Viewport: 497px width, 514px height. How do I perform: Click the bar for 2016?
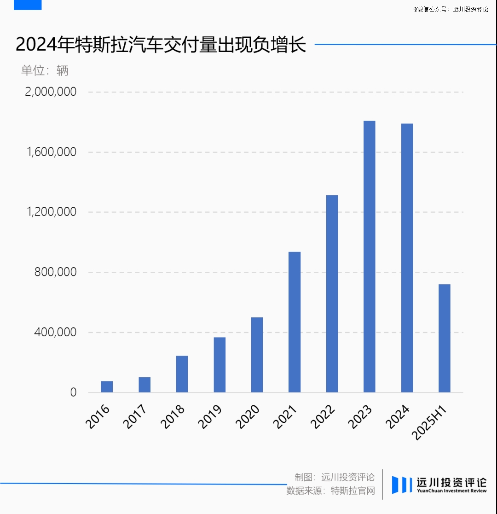tap(107, 387)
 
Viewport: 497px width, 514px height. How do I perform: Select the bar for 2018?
tap(182, 374)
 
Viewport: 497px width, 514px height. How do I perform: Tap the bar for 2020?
tap(257, 355)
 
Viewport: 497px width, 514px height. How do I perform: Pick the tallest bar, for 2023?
tap(369, 257)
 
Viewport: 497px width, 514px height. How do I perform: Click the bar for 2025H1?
tap(444, 338)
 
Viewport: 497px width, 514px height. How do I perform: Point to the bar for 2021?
tap(295, 322)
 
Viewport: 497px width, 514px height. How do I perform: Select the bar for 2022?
tap(332, 294)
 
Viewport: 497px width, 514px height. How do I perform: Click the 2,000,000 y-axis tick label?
tap(51, 92)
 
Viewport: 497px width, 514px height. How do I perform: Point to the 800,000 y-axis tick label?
tap(56, 272)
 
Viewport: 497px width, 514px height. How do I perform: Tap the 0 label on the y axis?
tap(73, 393)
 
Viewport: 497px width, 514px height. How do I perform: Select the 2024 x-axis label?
tap(399, 416)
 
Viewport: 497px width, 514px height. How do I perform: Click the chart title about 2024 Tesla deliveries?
tap(161, 46)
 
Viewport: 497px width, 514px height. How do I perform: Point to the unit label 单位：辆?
tap(45, 70)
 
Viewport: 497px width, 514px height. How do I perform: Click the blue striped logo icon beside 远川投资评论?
tap(401, 485)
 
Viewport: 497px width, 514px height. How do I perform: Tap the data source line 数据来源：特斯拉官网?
tap(330, 491)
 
